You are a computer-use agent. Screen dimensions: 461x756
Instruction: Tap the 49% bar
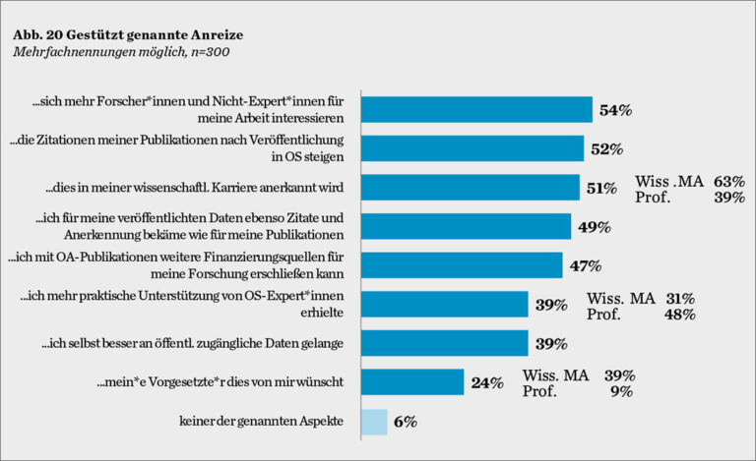point(466,226)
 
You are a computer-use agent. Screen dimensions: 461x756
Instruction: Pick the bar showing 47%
point(462,265)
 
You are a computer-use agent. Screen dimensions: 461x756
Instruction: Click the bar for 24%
point(412,382)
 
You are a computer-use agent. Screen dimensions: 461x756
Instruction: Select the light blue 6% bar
point(374,421)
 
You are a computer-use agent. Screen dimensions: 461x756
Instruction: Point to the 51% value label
point(601,188)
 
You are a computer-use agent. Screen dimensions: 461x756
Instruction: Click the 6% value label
point(406,422)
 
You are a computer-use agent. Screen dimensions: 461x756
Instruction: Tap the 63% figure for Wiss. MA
point(730,182)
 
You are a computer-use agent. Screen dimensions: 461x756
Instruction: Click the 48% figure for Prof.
point(681,315)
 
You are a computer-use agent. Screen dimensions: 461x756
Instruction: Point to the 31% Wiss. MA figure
point(680,298)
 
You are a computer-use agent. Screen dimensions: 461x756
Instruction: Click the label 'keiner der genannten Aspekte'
point(261,421)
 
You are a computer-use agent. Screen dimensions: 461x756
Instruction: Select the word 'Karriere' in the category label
point(233,188)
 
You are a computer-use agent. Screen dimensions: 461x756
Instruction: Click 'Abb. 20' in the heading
point(37,34)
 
